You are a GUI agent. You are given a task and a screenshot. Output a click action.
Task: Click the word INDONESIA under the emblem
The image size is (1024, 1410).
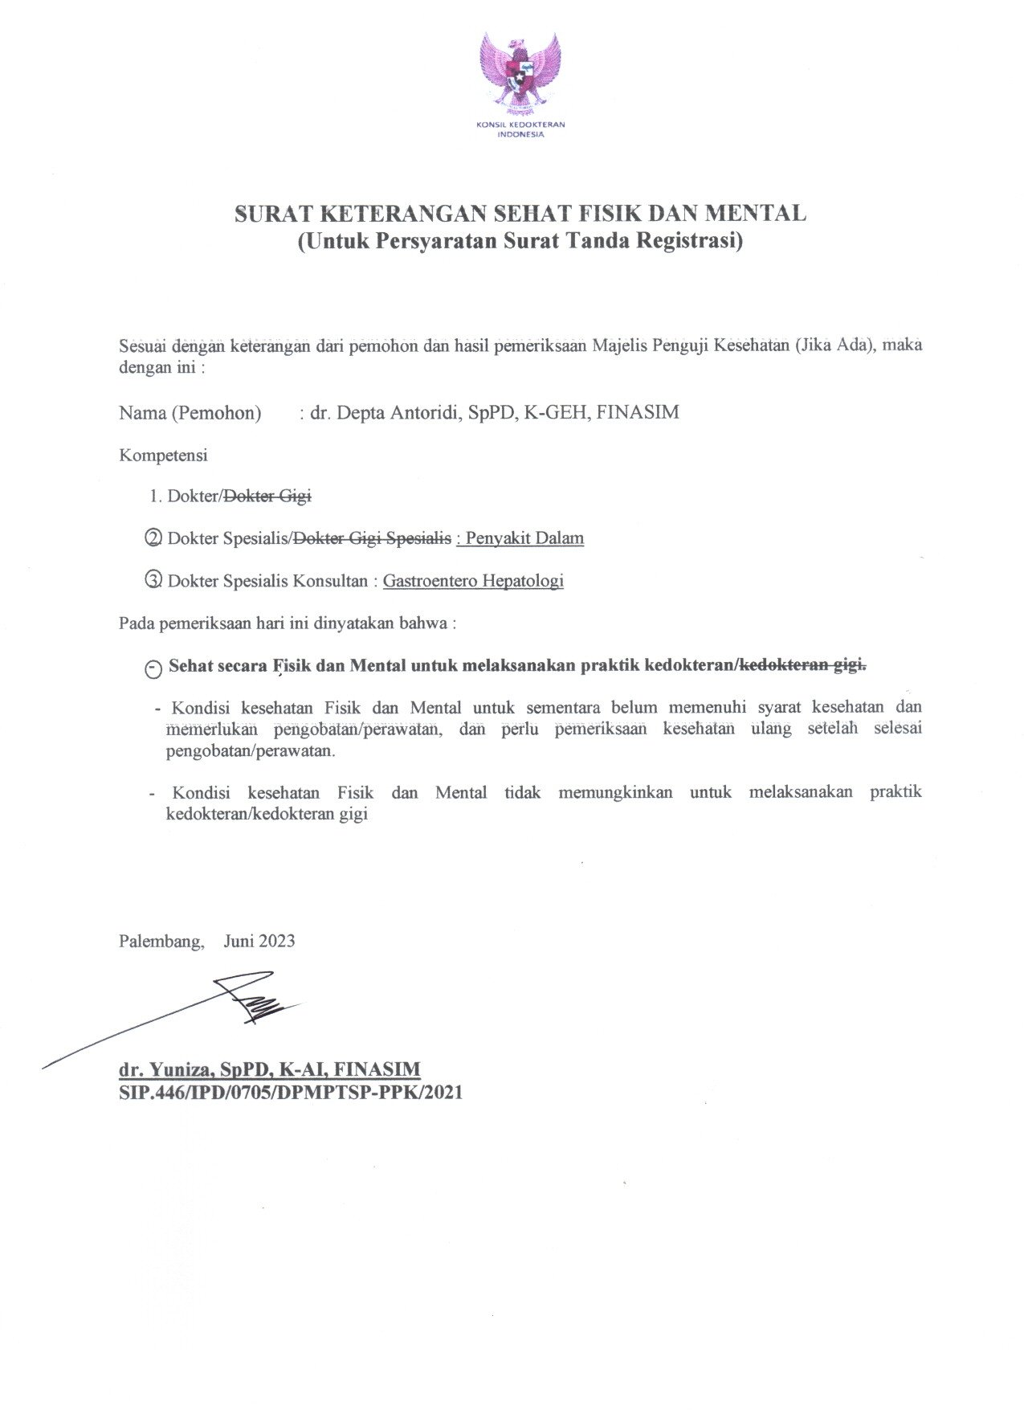(520, 135)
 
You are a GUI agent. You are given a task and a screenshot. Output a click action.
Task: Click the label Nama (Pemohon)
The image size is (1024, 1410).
(190, 413)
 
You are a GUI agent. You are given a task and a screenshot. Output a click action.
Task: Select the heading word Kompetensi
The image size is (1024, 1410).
(163, 456)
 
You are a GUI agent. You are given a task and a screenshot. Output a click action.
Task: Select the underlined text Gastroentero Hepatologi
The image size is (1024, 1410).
(473, 580)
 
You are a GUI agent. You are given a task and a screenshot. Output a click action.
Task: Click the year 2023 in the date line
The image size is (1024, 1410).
(276, 941)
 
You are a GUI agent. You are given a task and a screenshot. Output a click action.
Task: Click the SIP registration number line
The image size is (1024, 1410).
(291, 1093)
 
